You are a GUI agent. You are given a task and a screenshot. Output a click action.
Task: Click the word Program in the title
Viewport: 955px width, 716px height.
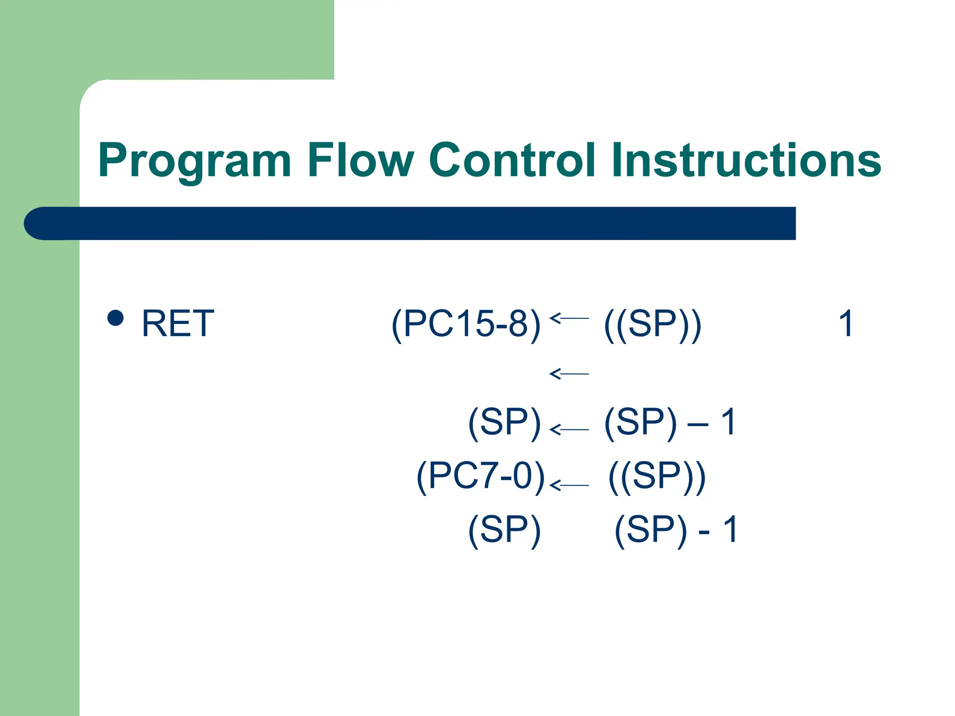click(194, 161)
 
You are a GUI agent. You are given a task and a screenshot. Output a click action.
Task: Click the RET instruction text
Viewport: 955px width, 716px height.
click(178, 324)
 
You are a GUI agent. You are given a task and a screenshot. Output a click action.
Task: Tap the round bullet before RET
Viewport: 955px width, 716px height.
click(115, 318)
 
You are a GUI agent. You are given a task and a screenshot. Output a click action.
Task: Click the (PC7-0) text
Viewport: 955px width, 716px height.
click(480, 476)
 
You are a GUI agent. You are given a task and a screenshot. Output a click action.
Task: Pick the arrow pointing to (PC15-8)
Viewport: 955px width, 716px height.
click(569, 318)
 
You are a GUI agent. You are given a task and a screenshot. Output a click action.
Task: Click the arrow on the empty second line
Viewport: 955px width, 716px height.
click(569, 374)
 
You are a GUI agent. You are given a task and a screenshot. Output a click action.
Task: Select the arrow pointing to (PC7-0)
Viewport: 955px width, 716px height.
click(569, 485)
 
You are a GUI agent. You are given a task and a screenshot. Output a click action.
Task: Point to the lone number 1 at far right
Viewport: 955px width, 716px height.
click(846, 324)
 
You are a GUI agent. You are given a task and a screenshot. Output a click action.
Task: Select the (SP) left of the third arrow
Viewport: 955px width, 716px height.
click(505, 422)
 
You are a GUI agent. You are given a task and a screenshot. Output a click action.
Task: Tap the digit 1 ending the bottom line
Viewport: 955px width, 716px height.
click(730, 530)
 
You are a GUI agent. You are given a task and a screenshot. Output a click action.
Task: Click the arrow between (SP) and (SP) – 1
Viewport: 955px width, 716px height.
click(569, 429)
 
